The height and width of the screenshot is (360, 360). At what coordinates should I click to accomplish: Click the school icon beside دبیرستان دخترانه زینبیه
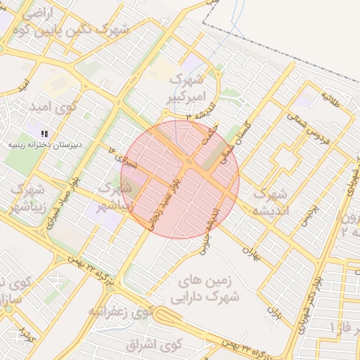[x=44, y=133]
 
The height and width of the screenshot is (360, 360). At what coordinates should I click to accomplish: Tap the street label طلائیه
[x=330, y=99]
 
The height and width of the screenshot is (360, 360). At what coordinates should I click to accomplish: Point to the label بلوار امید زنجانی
[x=163, y=205]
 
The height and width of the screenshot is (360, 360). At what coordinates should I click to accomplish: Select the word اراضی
[x=38, y=13]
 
